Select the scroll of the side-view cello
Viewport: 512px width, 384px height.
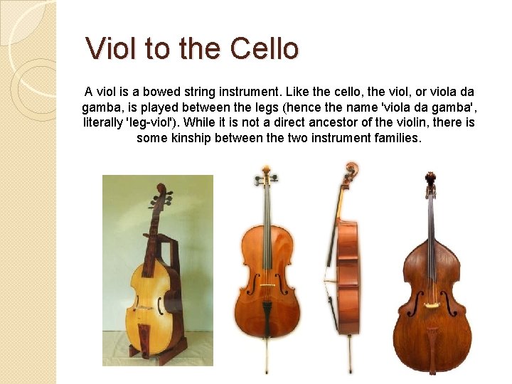[350, 171]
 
